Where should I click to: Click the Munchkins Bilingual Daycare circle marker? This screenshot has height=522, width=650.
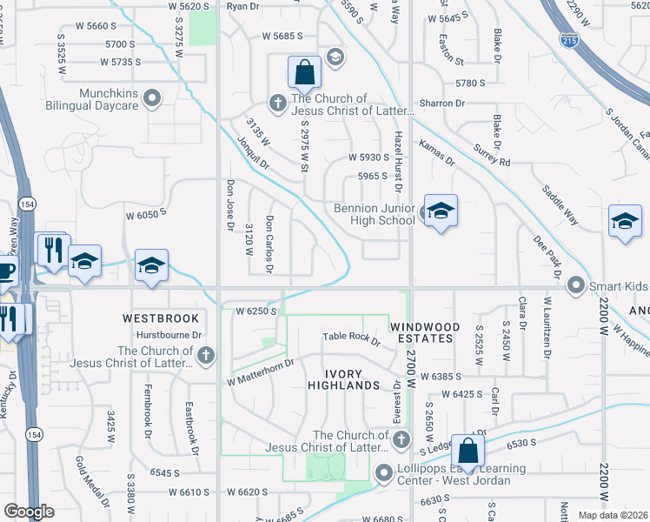153,97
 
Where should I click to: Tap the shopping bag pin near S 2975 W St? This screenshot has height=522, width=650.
305,73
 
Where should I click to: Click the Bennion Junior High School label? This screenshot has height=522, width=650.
375,214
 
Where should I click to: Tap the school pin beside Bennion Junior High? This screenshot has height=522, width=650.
440,211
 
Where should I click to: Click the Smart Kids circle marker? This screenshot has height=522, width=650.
574,284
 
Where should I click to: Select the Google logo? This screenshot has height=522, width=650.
29,512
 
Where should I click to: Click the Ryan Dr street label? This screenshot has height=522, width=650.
243,6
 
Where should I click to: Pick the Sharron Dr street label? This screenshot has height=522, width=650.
442,104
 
